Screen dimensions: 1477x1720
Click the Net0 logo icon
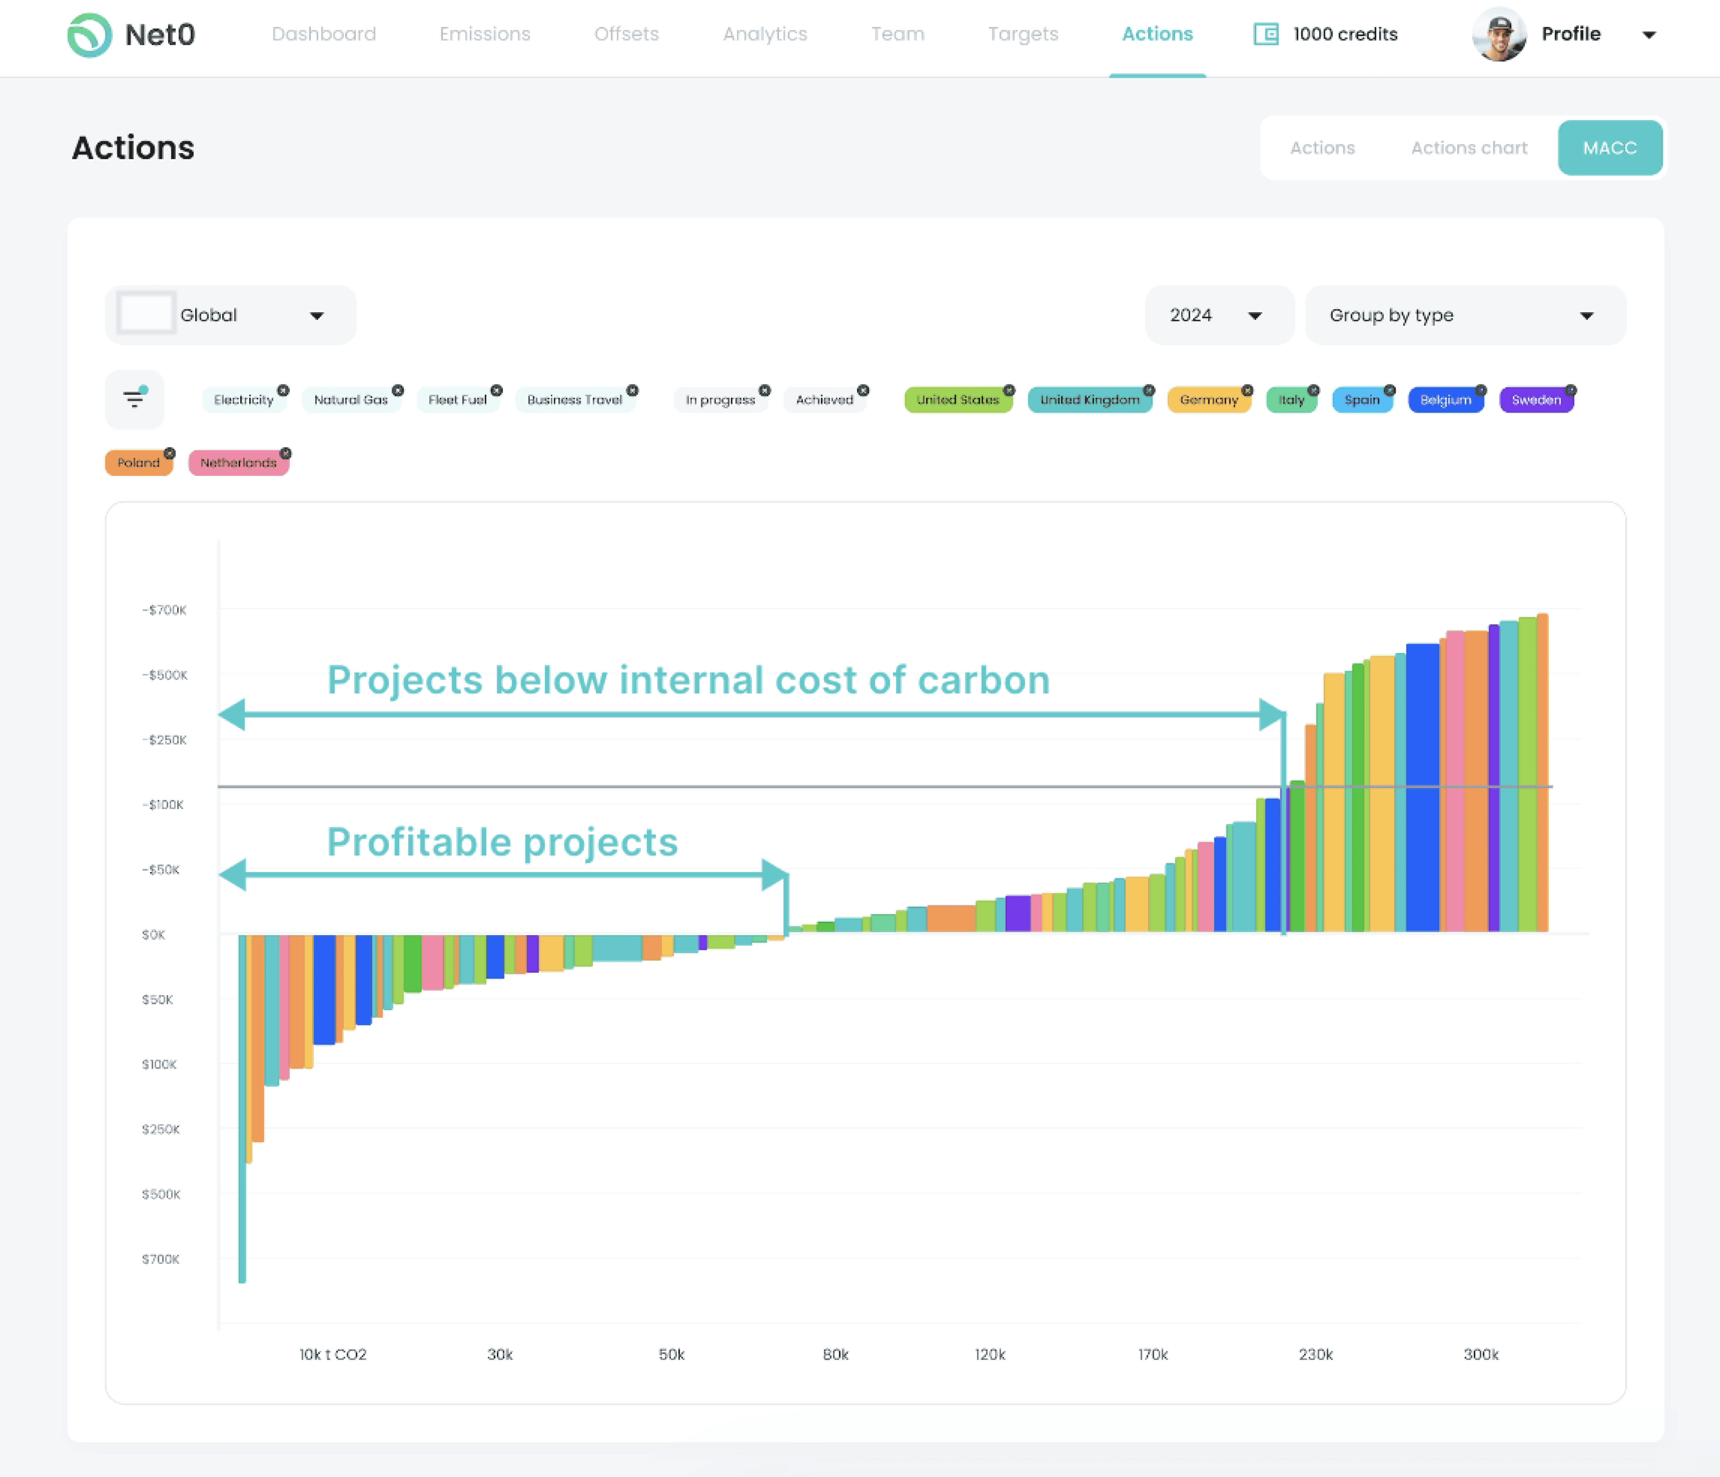pyautogui.click(x=89, y=35)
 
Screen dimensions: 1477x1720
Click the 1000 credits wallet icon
pyautogui.click(x=1265, y=34)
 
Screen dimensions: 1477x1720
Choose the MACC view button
pyautogui.click(x=1609, y=148)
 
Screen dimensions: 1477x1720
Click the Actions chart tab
pyautogui.click(x=1469, y=148)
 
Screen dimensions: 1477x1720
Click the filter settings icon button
pyautogui.click(x=134, y=399)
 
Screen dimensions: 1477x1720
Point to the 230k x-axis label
pyautogui.click(x=1315, y=1354)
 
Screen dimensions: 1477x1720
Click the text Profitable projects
pyautogui.click(x=502, y=842)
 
